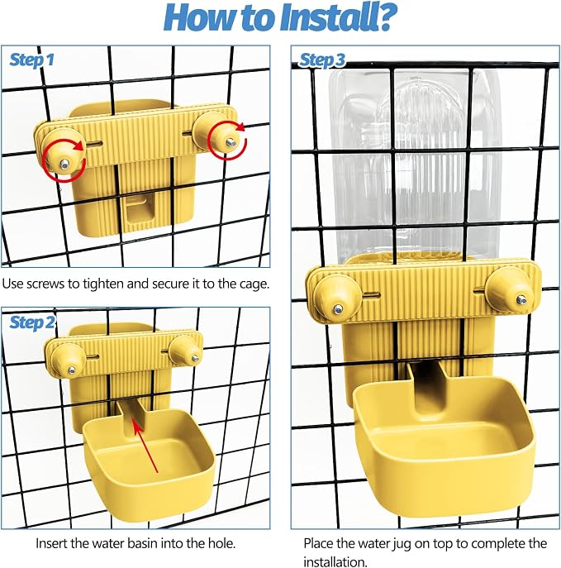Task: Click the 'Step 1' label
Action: click(x=32, y=60)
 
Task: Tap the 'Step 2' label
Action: click(x=32, y=322)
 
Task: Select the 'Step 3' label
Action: click(x=322, y=60)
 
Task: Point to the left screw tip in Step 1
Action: click(x=64, y=164)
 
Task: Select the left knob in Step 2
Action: click(x=69, y=360)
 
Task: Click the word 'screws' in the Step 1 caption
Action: click(x=50, y=284)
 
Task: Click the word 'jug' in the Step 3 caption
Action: click(x=402, y=544)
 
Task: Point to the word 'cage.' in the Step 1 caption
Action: click(x=254, y=284)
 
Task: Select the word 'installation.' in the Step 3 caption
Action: click(x=335, y=562)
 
